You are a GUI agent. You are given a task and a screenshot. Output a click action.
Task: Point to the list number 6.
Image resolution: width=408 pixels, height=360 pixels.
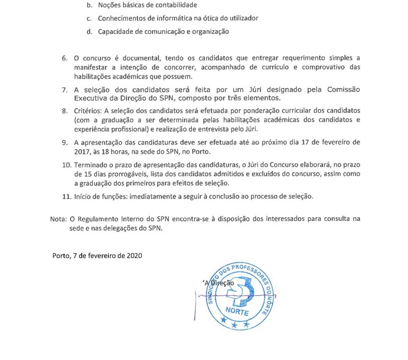pos(65,57)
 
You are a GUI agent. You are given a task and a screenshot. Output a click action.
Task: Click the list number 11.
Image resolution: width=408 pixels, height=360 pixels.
pos(66,196)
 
